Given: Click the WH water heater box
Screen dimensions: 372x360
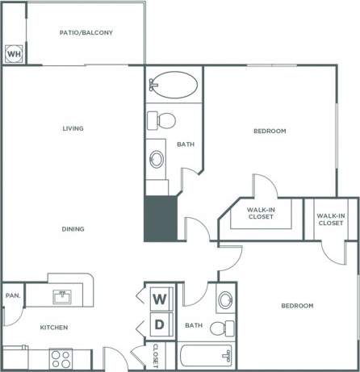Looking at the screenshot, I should [14, 54].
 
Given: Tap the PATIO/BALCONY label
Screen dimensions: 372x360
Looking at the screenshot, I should [86, 33].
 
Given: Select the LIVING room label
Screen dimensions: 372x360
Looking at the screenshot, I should [73, 128].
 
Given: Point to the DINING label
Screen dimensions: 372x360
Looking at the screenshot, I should [73, 229].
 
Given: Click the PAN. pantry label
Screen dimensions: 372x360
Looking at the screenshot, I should [12, 296].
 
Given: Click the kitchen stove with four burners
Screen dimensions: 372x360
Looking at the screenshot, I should [60, 357].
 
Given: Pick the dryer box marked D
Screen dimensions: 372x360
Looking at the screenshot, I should [160, 325].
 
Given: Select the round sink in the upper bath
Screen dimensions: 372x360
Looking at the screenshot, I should [156, 158].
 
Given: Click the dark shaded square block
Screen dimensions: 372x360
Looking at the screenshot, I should [160, 218].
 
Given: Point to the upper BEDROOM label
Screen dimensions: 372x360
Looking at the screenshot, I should [270, 131].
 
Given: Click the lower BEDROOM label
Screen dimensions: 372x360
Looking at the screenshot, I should [296, 306].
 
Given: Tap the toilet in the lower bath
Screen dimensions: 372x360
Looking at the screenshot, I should [221, 328].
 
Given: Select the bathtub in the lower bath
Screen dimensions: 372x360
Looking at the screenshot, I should [207, 356].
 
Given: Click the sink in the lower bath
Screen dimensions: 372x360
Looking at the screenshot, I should [226, 301].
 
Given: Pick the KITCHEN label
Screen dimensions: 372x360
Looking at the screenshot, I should [54, 328].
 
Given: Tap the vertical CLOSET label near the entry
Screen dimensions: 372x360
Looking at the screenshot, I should [155, 354].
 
